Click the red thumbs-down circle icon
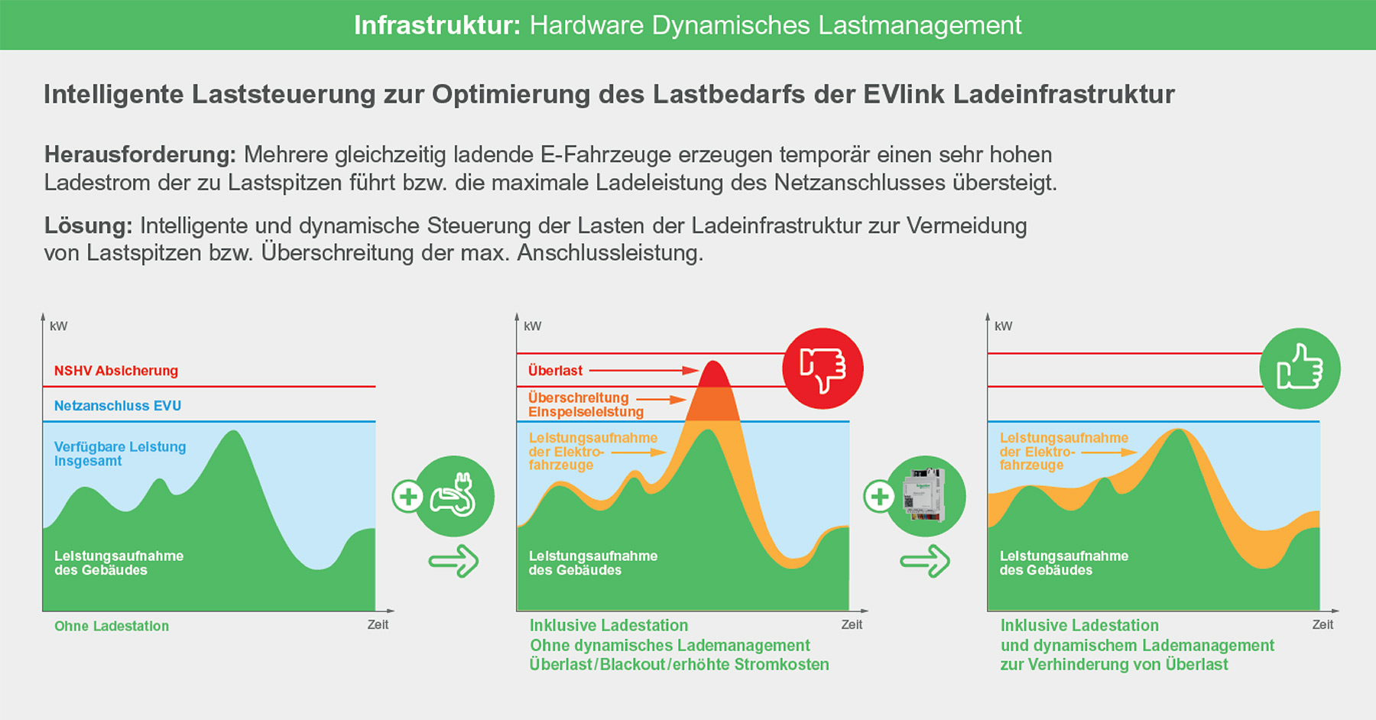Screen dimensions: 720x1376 click(x=823, y=369)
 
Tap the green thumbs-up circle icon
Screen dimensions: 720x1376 click(x=1300, y=368)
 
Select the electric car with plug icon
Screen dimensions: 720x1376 click(x=454, y=496)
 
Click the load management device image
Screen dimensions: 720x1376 click(x=926, y=496)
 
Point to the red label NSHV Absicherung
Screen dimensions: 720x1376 click(x=116, y=371)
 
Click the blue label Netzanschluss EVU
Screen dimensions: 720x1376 click(x=118, y=406)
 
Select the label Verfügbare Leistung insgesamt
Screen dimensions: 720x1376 click(x=120, y=453)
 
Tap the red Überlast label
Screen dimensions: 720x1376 click(x=555, y=371)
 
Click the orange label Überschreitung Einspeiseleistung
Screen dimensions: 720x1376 click(x=586, y=404)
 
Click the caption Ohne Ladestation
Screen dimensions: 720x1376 click(x=112, y=626)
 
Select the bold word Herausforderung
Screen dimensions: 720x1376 click(x=140, y=154)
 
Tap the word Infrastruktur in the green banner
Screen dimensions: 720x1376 click(x=436, y=25)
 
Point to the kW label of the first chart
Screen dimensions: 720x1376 click(x=58, y=326)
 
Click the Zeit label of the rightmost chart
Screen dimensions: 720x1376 click(x=1322, y=624)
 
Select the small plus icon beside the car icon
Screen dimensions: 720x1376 click(x=408, y=496)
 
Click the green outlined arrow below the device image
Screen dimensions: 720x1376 click(x=925, y=562)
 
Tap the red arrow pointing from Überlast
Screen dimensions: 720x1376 click(x=644, y=371)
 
